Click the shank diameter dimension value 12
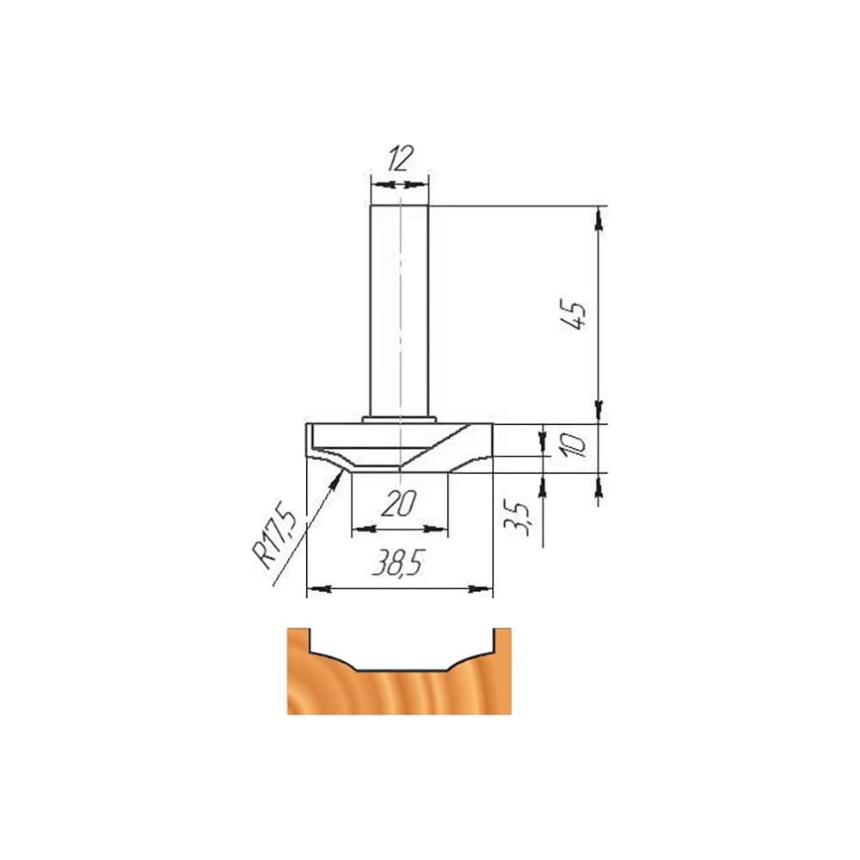400,159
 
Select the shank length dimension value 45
573,314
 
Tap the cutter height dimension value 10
574,444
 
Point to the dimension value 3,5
517,518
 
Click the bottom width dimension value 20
399,503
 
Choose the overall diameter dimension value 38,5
399,562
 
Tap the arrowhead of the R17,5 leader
338,476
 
